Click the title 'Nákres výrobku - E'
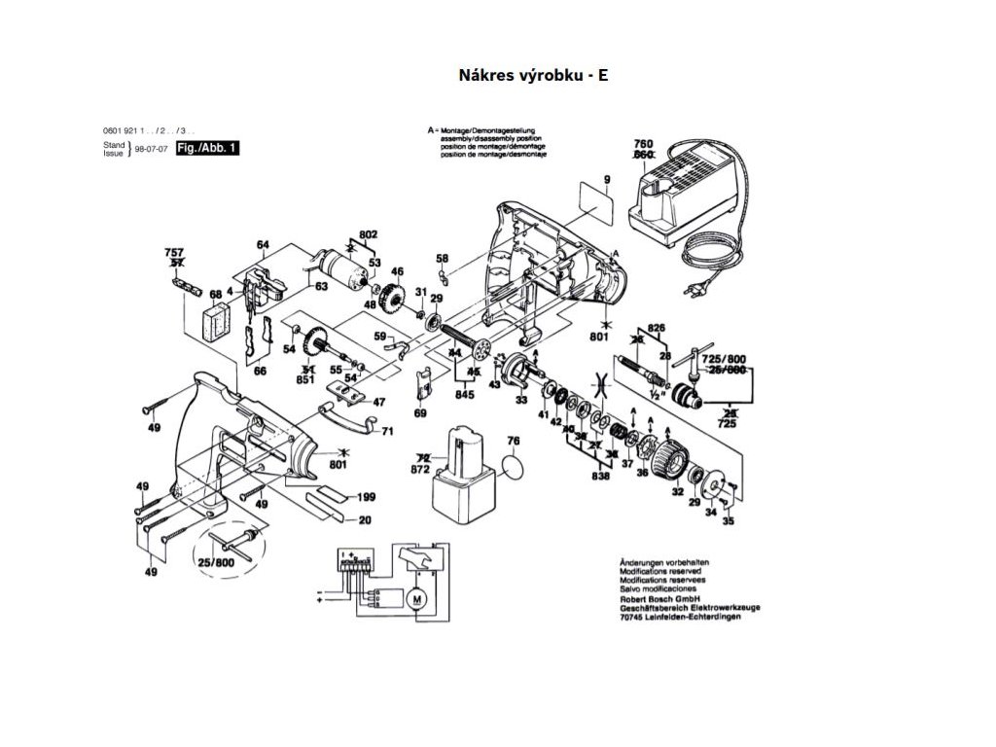[x=533, y=75]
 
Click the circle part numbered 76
[x=522, y=468]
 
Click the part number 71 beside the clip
[x=387, y=430]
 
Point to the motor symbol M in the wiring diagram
[x=417, y=597]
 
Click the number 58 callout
[x=443, y=259]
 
